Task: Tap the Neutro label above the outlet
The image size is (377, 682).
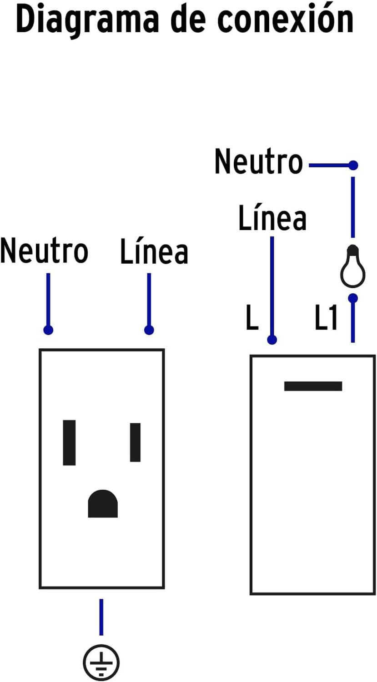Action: pyautogui.click(x=44, y=251)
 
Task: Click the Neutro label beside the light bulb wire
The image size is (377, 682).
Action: pyautogui.click(x=259, y=161)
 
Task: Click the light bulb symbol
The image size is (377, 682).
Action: pyautogui.click(x=352, y=266)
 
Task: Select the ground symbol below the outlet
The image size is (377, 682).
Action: pyautogui.click(x=101, y=662)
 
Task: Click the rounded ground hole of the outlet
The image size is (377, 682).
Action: pyautogui.click(x=103, y=503)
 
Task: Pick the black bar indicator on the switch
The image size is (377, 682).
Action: pyautogui.click(x=313, y=386)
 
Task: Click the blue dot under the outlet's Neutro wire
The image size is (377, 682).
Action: pyautogui.click(x=48, y=330)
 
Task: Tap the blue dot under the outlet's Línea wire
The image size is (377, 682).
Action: pyautogui.click(x=149, y=330)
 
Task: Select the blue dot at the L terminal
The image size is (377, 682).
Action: pyautogui.click(x=272, y=340)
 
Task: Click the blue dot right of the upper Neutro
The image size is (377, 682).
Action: pyautogui.click(x=353, y=165)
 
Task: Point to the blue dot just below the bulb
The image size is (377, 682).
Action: pyautogui.click(x=353, y=298)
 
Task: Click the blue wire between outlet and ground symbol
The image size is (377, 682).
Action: pyautogui.click(x=101, y=617)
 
